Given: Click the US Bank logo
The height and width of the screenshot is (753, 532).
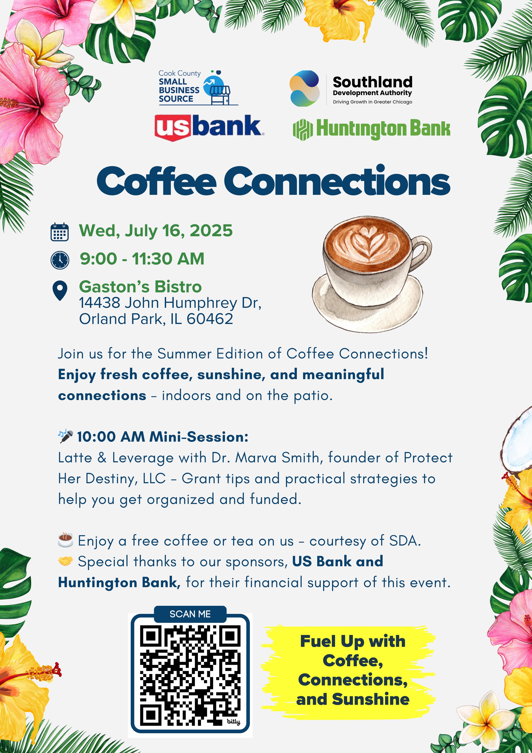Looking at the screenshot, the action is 209,127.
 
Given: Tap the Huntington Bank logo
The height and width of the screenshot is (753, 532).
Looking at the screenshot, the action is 371,129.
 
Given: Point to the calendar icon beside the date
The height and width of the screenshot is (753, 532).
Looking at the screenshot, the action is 60,232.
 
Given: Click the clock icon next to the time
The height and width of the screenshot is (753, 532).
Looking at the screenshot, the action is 60,260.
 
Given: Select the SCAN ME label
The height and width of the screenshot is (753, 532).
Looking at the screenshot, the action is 190,614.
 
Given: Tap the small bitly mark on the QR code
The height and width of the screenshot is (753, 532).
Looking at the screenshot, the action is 233,722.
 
